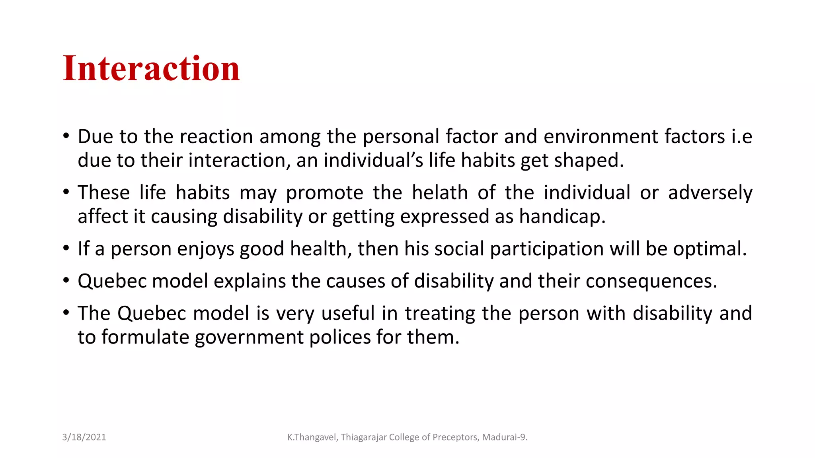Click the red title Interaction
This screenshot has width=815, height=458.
tap(151, 68)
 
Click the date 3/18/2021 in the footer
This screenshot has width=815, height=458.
tap(84, 437)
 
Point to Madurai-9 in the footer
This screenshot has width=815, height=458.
tap(504, 437)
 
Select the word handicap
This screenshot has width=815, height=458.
tap(562, 217)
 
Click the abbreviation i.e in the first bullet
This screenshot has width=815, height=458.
tap(742, 137)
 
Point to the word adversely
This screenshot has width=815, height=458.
tap(710, 193)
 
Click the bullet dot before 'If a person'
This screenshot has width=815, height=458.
tap(66, 248)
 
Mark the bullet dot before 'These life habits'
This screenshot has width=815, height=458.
tap(66, 192)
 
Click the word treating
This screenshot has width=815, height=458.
tap(440, 314)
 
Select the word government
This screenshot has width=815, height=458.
tap(249, 338)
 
